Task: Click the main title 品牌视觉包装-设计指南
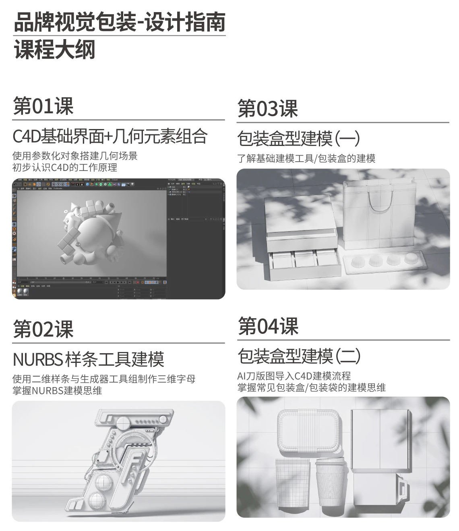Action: pyautogui.click(x=119, y=22)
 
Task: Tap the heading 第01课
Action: pyautogui.click(x=43, y=106)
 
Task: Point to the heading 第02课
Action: pyautogui.click(x=43, y=329)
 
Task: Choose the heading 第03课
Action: pyautogui.click(x=267, y=109)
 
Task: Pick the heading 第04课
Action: pyautogui.click(x=268, y=326)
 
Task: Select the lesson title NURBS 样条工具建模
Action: pyautogui.click(x=89, y=359)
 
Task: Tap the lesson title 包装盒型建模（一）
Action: pyautogui.click(x=298, y=139)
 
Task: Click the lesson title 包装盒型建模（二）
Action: pyautogui.click(x=299, y=356)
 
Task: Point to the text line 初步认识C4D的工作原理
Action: pyautogui.click(x=65, y=167)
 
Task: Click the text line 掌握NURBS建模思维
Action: pyautogui.click(x=57, y=391)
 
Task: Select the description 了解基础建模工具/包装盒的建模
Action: pyautogui.click(x=306, y=158)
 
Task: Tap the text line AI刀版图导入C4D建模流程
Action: pyautogui.click(x=294, y=376)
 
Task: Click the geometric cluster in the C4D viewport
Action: pyautogui.click(x=91, y=234)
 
